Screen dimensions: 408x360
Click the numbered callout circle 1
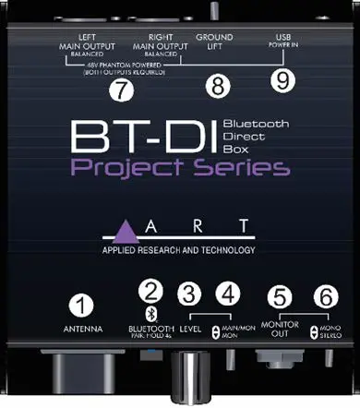[x=84, y=305]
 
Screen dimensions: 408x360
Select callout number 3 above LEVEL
[x=190, y=295]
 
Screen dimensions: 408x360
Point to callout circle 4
[x=227, y=295]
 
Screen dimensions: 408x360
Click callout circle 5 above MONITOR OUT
[x=281, y=297]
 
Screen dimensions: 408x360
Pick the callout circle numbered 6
[x=325, y=297]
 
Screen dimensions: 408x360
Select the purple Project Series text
[x=180, y=168]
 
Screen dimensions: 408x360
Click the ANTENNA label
[x=84, y=328]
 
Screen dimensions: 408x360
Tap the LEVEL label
[x=190, y=328]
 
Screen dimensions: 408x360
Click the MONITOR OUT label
[x=280, y=330]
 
